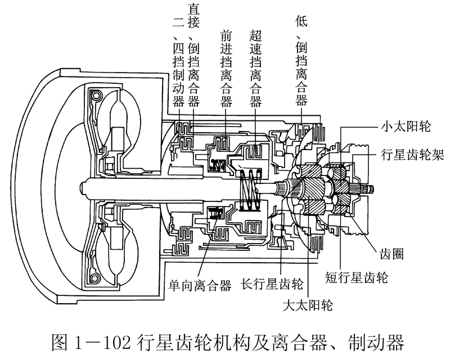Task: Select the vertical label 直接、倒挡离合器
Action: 194,53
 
